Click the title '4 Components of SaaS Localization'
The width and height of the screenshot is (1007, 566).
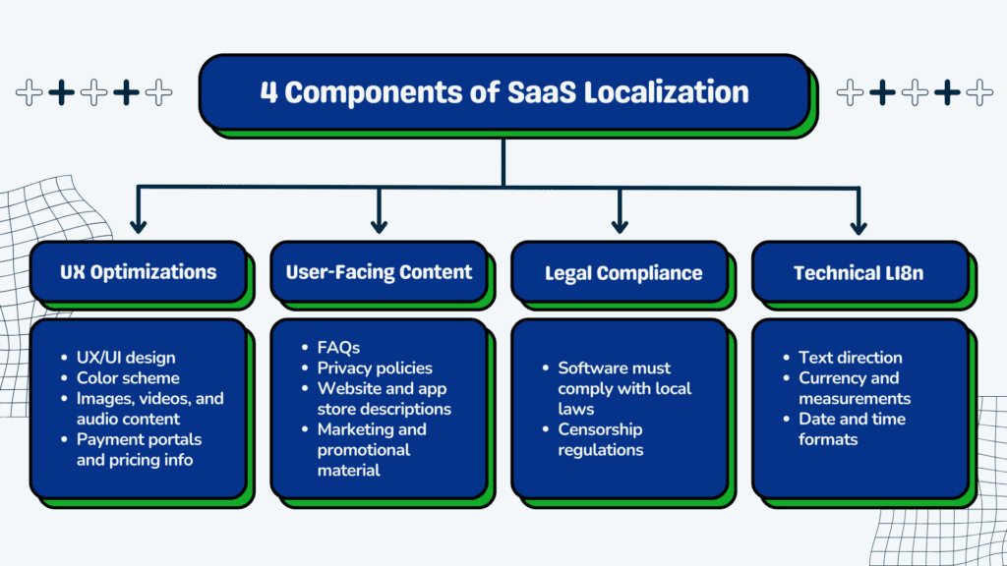pyautogui.click(x=503, y=93)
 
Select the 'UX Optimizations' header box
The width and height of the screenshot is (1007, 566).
pyautogui.click(x=138, y=272)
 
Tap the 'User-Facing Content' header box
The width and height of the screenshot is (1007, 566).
pyautogui.click(x=379, y=272)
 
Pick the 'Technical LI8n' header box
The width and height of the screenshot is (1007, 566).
pyautogui.click(x=859, y=272)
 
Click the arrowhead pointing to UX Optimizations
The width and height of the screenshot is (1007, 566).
pyautogui.click(x=138, y=227)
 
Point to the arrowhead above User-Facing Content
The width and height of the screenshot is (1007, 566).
pyautogui.click(x=379, y=227)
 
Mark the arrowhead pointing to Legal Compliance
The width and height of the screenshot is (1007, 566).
pyautogui.click(x=620, y=227)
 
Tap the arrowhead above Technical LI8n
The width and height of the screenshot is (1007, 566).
pyautogui.click(x=859, y=227)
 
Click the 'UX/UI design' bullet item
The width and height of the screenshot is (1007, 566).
pyautogui.click(x=125, y=358)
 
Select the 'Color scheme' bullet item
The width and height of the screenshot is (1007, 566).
pyautogui.click(x=128, y=378)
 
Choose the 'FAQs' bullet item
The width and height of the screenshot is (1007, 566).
pyautogui.click(x=338, y=347)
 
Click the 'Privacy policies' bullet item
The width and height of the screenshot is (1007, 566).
pyautogui.click(x=375, y=368)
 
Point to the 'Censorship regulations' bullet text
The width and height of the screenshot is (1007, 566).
pyautogui.click(x=601, y=439)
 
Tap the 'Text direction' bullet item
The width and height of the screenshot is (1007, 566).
pyautogui.click(x=850, y=358)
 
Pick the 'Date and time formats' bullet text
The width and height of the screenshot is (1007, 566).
pyautogui.click(x=852, y=428)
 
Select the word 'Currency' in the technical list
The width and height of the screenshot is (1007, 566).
pyautogui.click(x=832, y=378)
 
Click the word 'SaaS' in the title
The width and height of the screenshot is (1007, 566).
pyautogui.click(x=541, y=93)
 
